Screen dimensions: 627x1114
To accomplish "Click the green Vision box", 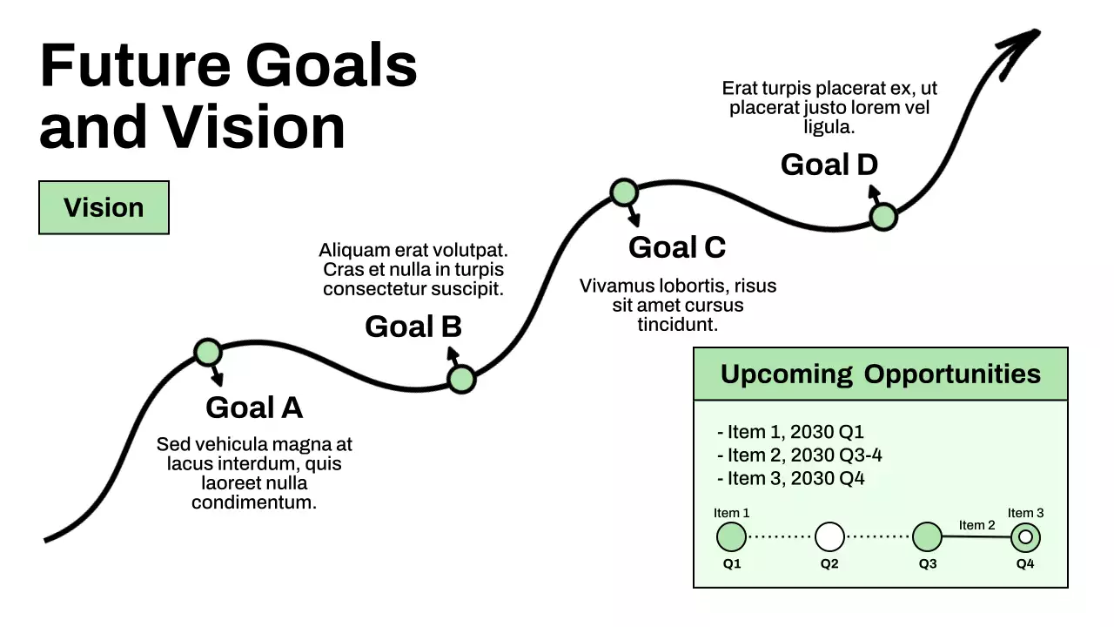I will pyautogui.click(x=104, y=207).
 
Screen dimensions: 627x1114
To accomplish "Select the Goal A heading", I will pyautogui.click(x=254, y=408).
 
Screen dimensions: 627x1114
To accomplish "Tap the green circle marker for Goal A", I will pyautogui.click(x=208, y=352).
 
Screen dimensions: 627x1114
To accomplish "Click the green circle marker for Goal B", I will pyautogui.click(x=461, y=379).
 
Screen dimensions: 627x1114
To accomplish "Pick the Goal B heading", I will pyautogui.click(x=413, y=327).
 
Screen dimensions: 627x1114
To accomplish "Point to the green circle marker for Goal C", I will pyautogui.click(x=624, y=192).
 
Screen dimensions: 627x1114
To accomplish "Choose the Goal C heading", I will pyautogui.click(x=677, y=247).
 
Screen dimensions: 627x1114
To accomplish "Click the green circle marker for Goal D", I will pyautogui.click(x=883, y=217).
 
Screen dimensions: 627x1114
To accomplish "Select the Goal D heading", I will pyautogui.click(x=829, y=165).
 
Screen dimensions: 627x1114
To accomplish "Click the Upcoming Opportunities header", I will pyautogui.click(x=880, y=374).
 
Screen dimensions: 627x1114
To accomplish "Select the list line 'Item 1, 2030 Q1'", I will pyautogui.click(x=790, y=432).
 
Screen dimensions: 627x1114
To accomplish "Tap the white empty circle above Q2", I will pyautogui.click(x=829, y=537).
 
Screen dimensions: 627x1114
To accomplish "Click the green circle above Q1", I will pyautogui.click(x=731, y=537).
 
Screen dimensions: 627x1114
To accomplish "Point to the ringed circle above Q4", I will pyautogui.click(x=1025, y=537).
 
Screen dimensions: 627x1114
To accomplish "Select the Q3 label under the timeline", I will pyautogui.click(x=928, y=563).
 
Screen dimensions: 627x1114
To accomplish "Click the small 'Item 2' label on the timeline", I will pyautogui.click(x=976, y=525).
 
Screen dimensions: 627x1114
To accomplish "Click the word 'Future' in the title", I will pyautogui.click(x=136, y=65).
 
